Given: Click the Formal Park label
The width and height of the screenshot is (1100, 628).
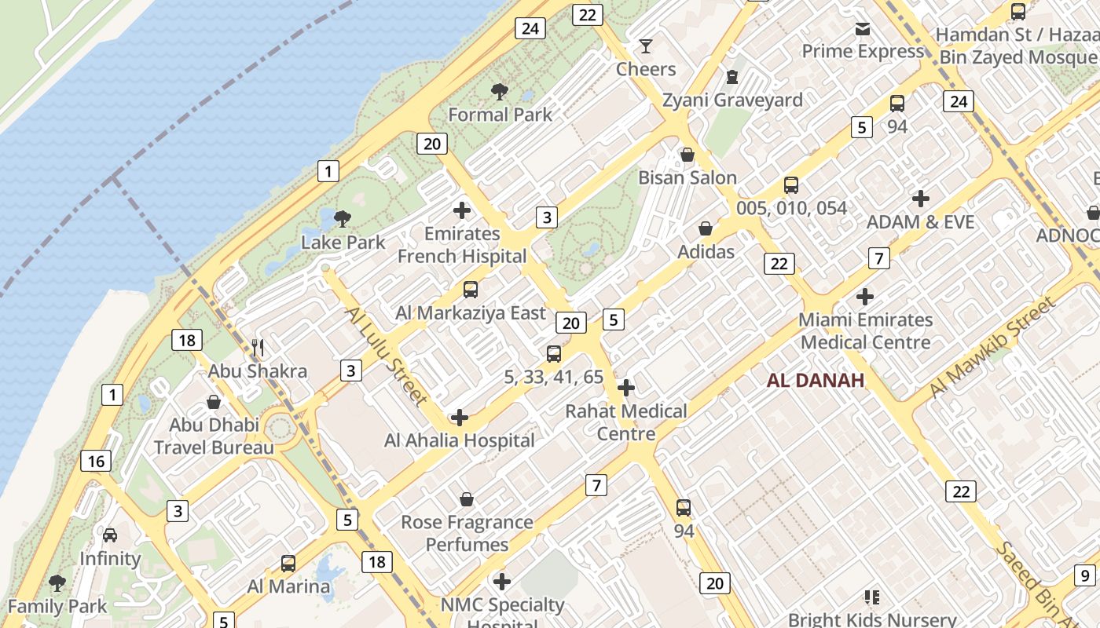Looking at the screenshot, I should (500, 115).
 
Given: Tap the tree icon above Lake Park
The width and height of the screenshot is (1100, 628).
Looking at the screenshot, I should (342, 218).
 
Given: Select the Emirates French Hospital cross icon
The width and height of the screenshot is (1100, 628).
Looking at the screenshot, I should (462, 210).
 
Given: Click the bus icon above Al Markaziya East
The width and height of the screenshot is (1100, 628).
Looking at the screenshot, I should (470, 290).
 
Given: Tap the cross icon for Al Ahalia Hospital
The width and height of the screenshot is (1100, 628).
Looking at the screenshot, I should (460, 418).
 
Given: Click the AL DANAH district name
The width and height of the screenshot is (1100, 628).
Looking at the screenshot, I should (816, 381).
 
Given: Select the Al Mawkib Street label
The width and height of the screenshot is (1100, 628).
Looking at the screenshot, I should (992, 346).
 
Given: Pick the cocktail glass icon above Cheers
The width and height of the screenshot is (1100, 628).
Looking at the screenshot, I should (645, 46).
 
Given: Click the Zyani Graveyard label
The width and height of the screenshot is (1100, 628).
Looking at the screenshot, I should (732, 100).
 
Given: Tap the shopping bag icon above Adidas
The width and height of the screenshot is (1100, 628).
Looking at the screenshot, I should (706, 228).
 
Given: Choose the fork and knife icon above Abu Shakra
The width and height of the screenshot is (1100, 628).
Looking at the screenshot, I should (257, 347).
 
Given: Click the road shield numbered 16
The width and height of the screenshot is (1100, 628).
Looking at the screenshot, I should (94, 461).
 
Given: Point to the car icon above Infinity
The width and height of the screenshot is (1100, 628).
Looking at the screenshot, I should (110, 535).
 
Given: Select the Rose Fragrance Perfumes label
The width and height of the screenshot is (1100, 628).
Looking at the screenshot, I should (467, 533).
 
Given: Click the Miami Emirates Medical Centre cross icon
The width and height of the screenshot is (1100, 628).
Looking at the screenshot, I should (864, 297).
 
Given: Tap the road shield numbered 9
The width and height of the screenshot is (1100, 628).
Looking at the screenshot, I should (1084, 575).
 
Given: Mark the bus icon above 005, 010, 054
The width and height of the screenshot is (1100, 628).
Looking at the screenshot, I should (791, 185).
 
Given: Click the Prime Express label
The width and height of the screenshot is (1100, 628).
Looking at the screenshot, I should (863, 52).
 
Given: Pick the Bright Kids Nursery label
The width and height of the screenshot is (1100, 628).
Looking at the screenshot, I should (872, 620).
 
